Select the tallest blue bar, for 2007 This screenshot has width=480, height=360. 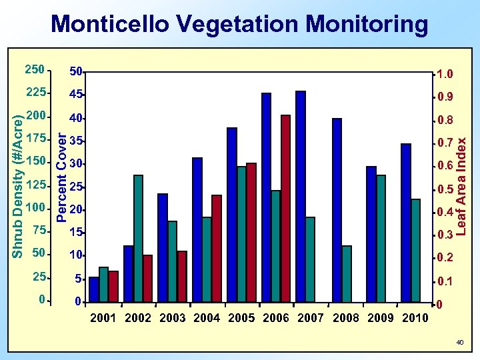tap(301, 197)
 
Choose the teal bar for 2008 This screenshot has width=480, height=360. tap(346, 274)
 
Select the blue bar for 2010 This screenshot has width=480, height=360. tap(406, 223)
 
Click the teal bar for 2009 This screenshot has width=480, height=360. tap(381, 239)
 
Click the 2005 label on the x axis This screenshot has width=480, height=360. tap(241, 318)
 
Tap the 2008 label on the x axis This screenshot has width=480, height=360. tap(345, 318)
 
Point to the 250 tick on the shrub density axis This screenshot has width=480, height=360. tap(34, 69)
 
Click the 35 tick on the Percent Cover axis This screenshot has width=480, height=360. tap(76, 141)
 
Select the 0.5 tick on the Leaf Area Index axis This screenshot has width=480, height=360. tap(445, 191)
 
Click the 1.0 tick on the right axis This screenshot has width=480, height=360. tap(445, 74)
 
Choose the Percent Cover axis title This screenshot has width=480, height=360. tap(61, 177)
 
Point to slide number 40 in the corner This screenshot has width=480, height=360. tap(459, 342)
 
